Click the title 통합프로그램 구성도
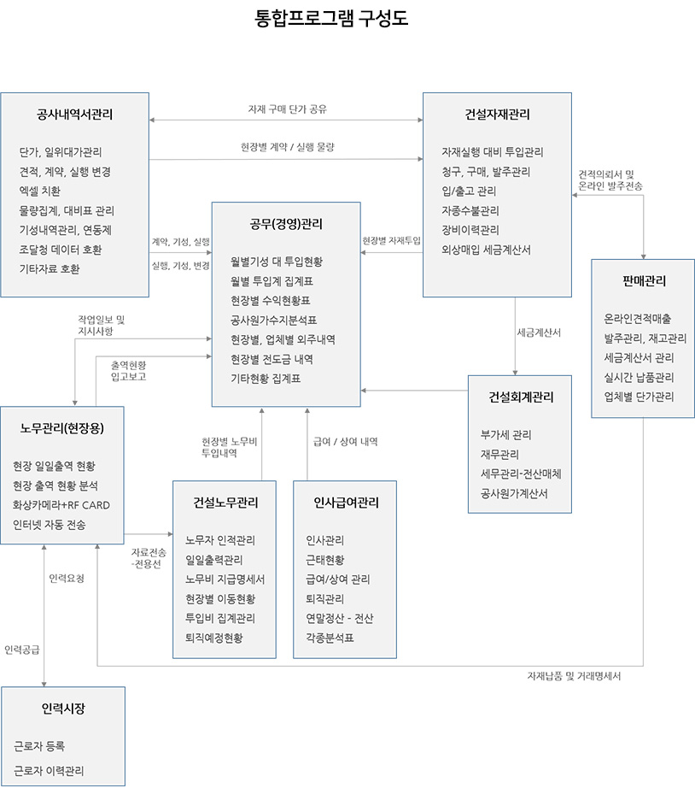pos(331,18)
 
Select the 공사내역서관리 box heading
pos(74,115)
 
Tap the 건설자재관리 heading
pos(497,115)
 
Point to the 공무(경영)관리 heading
pos(286,224)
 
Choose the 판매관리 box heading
pos(644,281)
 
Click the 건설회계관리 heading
pos(521,397)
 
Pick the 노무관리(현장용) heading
pos(61,428)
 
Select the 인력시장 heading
pos(63,709)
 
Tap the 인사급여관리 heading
pos(346,503)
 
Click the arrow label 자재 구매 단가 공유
pos(288,109)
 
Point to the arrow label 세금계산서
pos(539,332)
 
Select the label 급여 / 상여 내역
pos(346,442)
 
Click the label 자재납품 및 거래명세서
pos(574,676)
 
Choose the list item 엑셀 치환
pos(40,191)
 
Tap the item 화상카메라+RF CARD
pos(61,505)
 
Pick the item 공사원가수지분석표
pos(273,321)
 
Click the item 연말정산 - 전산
pos(339,618)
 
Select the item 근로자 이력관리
pos(49,770)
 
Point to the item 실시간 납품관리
pos(639,378)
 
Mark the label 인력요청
pos(67,578)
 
